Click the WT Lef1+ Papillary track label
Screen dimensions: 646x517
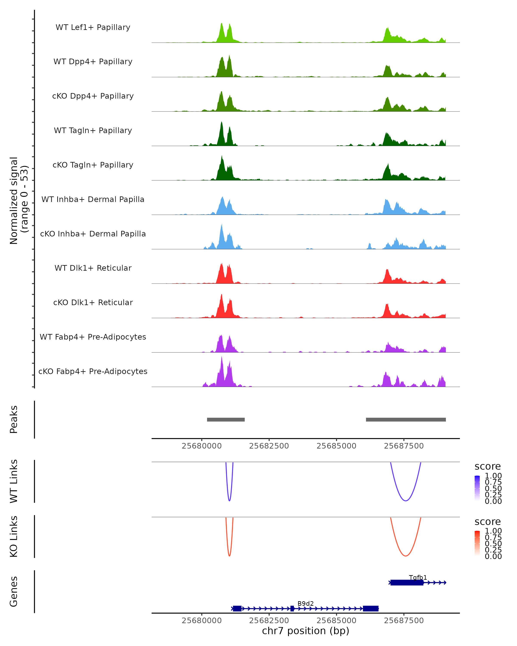tap(93, 27)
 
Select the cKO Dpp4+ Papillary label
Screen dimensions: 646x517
tap(93, 96)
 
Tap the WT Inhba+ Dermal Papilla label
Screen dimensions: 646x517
tap(93, 199)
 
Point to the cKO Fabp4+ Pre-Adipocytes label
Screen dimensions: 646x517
tap(93, 371)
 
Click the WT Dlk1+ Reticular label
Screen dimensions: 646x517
tap(93, 268)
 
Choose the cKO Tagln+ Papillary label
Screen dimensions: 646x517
tap(93, 165)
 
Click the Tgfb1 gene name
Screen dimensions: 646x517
tap(418, 577)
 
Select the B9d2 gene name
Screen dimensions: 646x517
tap(305, 603)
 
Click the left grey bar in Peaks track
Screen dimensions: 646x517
tap(226, 419)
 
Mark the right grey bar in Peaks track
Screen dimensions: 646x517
tap(406, 419)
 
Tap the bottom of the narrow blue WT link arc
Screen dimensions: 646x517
tap(229, 501)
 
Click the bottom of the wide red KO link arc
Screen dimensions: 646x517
tap(405, 556)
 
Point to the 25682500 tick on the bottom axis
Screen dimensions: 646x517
tap(269, 620)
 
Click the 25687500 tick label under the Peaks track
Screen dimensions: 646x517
tap(404, 446)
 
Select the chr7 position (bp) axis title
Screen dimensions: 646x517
tap(305, 631)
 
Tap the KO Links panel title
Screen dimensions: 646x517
tap(14, 537)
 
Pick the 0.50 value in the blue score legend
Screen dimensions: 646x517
tap(493, 488)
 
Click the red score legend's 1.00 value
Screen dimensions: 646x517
tap(493, 531)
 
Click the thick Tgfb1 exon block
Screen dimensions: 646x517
tap(407, 582)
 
